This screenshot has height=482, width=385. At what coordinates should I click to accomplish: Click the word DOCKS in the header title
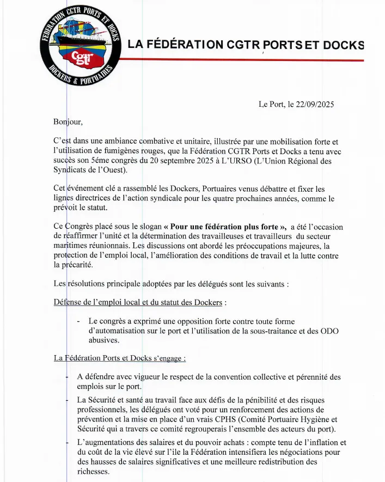(343, 45)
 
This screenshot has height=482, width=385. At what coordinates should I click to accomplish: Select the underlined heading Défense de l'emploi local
(139, 302)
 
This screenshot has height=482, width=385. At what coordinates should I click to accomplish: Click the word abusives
(103, 340)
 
